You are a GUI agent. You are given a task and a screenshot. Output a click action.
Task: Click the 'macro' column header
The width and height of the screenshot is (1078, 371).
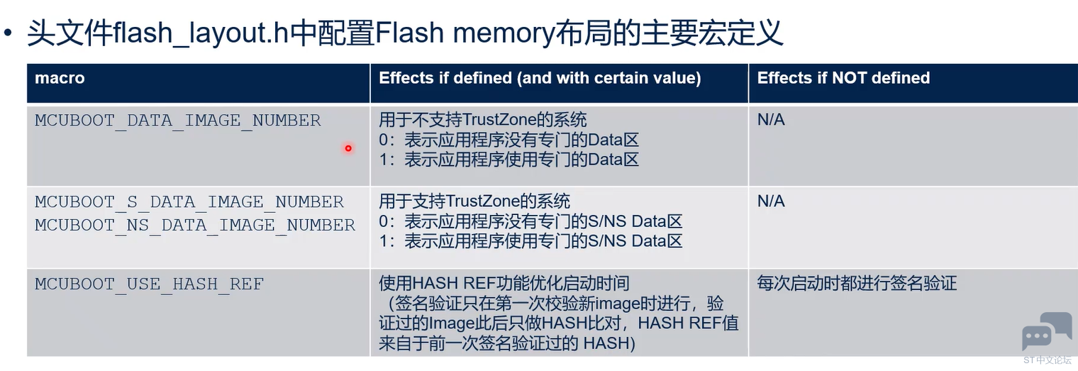[60, 78]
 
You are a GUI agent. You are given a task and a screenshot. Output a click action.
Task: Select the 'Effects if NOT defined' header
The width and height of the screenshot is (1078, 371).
[844, 78]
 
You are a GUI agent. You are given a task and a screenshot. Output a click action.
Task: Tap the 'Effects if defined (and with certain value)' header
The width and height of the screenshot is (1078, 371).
[540, 79]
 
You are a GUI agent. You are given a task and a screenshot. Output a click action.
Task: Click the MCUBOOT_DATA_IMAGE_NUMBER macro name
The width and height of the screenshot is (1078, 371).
[177, 121]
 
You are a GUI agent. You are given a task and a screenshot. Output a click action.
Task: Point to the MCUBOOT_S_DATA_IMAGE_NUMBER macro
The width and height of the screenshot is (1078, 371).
[189, 202]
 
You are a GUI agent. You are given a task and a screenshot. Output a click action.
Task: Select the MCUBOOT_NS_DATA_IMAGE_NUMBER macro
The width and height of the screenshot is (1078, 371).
[195, 225]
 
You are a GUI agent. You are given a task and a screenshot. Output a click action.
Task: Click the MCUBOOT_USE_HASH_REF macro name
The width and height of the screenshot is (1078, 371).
[149, 284]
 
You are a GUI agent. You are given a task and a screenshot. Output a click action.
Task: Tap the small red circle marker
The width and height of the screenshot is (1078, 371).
[348, 148]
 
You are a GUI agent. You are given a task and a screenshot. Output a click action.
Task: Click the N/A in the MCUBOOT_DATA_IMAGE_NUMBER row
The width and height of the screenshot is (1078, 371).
[771, 119]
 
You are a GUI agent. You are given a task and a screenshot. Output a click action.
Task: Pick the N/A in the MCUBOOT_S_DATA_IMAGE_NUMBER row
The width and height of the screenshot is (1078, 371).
[771, 201]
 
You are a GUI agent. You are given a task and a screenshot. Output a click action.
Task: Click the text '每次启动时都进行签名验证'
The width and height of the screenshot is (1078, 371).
[857, 283]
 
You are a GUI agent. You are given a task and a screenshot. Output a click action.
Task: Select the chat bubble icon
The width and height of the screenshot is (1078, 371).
[1047, 332]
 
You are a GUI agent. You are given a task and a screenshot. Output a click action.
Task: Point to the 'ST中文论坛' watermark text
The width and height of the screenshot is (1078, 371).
[1048, 360]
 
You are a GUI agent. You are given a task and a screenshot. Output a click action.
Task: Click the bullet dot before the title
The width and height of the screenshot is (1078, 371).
[8, 33]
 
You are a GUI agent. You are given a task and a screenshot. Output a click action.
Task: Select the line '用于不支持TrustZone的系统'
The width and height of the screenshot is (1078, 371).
[483, 119]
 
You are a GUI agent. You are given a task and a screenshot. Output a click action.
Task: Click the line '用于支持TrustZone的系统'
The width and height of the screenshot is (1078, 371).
[474, 201]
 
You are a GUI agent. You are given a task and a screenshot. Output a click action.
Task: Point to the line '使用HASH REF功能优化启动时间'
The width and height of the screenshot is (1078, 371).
[504, 283]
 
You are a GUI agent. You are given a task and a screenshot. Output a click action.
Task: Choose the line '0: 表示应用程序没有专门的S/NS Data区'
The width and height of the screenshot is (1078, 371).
[530, 221]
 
